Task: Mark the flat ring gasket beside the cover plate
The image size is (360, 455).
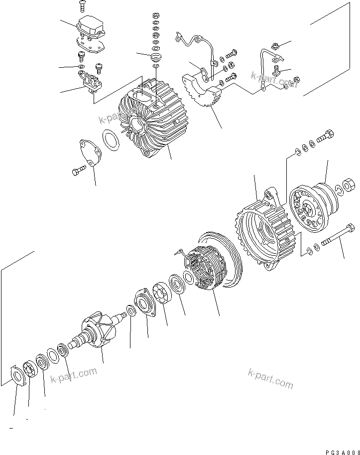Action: pyautogui.click(x=110, y=140)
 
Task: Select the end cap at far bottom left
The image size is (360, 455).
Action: pyautogui.click(x=18, y=374)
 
